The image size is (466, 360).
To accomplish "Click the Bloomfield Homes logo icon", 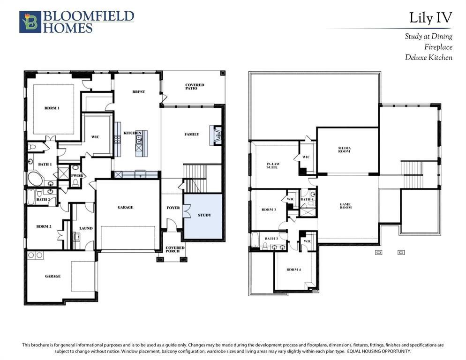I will pos(30,22).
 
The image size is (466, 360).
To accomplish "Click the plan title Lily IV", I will pos(430,18).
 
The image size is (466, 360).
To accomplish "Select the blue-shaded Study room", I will pos(203,216).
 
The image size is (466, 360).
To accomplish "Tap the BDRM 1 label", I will pos(52,108).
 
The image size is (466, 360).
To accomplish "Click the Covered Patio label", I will pos(194,87).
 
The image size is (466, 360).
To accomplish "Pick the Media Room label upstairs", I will pos(345,150).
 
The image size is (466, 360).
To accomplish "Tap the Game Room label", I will pos(345,206).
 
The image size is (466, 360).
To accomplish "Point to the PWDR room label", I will pos(75,177).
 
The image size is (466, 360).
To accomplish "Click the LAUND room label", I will pos(86,228).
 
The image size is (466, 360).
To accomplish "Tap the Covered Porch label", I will pos(175,249).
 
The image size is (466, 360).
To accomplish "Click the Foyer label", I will pos(173,208).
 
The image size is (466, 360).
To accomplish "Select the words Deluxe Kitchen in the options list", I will pos(428,58).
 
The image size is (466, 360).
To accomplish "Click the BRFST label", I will pos(138,92).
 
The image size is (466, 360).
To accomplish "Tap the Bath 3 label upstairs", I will pos(271,239).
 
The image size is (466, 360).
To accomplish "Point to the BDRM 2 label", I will pos(44,226).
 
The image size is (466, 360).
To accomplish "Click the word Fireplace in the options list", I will pos(438,47).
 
